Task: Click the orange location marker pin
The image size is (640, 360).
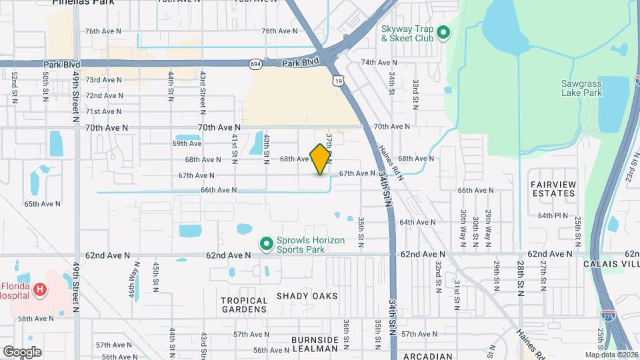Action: (x=321, y=159)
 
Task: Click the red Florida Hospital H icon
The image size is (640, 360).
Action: (x=41, y=289)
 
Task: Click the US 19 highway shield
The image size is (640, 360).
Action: (x=339, y=79)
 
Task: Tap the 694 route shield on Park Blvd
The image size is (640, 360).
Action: (x=256, y=64)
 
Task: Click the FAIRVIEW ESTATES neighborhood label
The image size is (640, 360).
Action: (x=553, y=188)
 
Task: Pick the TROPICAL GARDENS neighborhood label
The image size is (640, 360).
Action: (x=244, y=305)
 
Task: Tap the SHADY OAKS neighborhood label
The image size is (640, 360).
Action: (x=307, y=295)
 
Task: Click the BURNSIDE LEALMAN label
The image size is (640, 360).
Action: (x=315, y=345)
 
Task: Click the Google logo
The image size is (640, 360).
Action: (x=22, y=351)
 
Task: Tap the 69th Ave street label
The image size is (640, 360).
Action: (x=187, y=143)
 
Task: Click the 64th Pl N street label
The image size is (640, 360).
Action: (x=553, y=215)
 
